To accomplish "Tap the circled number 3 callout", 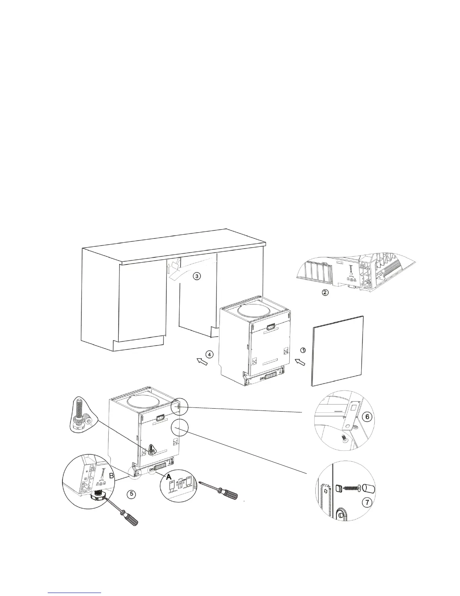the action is pyautogui.click(x=197, y=276).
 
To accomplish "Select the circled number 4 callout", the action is pyautogui.click(x=209, y=354).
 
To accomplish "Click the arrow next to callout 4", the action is pyautogui.click(x=202, y=362).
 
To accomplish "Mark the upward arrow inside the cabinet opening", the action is pyautogui.click(x=169, y=269).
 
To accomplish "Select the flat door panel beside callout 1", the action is pyautogui.click(x=337, y=351).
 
